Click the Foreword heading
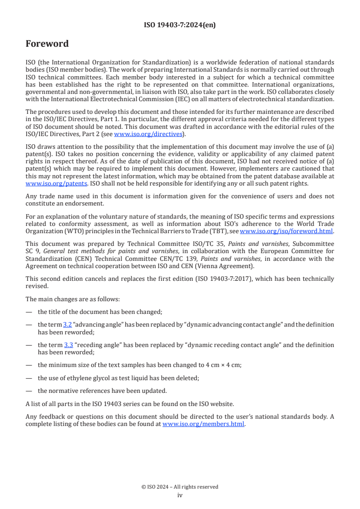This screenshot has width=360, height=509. click(x=47, y=44)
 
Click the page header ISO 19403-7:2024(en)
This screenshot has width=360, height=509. click(x=180, y=25)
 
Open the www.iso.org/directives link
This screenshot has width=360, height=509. click(x=148, y=134)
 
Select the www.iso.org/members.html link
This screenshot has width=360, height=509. click(x=203, y=424)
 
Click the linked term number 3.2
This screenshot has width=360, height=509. click(x=67, y=324)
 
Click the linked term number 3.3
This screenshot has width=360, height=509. click(x=69, y=345)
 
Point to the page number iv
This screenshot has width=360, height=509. click(x=180, y=495)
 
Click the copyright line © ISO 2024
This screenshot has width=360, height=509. click(x=180, y=487)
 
